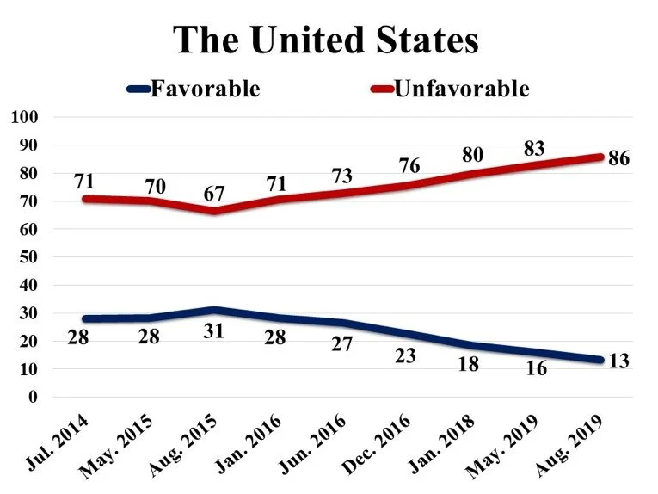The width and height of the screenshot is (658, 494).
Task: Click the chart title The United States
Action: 326,40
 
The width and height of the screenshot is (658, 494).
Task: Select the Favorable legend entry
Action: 205,89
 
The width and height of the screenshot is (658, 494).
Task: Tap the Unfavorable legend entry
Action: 460,89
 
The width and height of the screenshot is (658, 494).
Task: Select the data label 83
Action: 535,148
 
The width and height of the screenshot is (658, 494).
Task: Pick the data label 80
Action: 471,156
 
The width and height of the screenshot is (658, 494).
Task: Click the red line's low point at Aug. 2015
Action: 214,210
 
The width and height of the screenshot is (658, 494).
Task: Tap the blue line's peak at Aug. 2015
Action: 214,310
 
